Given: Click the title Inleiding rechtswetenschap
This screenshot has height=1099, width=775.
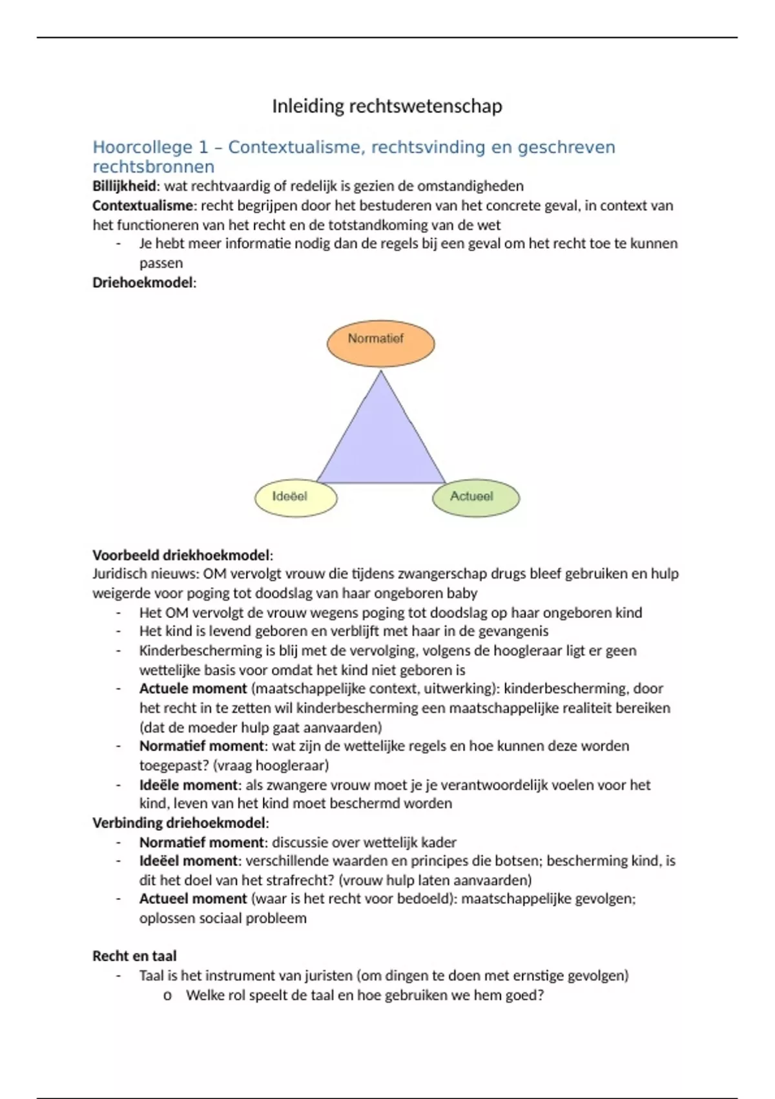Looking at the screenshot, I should pos(386,106).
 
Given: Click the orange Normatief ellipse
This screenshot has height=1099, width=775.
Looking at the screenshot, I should pos(380,343).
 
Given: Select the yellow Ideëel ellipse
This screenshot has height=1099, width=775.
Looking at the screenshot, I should pos(296,498).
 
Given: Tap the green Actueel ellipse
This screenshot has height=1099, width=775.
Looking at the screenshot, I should pos(475,498).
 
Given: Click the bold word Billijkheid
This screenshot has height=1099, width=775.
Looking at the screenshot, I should pos(125,186).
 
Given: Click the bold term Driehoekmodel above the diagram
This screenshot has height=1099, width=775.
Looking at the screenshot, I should pos(143,283).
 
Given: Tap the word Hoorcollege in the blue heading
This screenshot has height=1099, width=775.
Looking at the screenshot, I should pos(143,147).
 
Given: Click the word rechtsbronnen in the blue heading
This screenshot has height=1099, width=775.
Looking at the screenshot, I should pos(153,167).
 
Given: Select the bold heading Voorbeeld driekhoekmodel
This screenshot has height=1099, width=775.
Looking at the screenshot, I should pos(181,555).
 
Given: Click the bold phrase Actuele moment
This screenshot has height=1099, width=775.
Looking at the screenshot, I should pos(193,688).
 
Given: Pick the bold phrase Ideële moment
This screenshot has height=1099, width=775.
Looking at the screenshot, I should pos(189,785).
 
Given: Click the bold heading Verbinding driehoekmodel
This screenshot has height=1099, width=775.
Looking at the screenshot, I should pos(179,823).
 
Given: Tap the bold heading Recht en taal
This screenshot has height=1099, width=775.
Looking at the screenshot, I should pos(134,956).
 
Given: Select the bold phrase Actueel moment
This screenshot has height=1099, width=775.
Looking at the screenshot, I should pos(193,899).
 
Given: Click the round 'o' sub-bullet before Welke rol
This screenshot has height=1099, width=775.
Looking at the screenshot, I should pos(167,996).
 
